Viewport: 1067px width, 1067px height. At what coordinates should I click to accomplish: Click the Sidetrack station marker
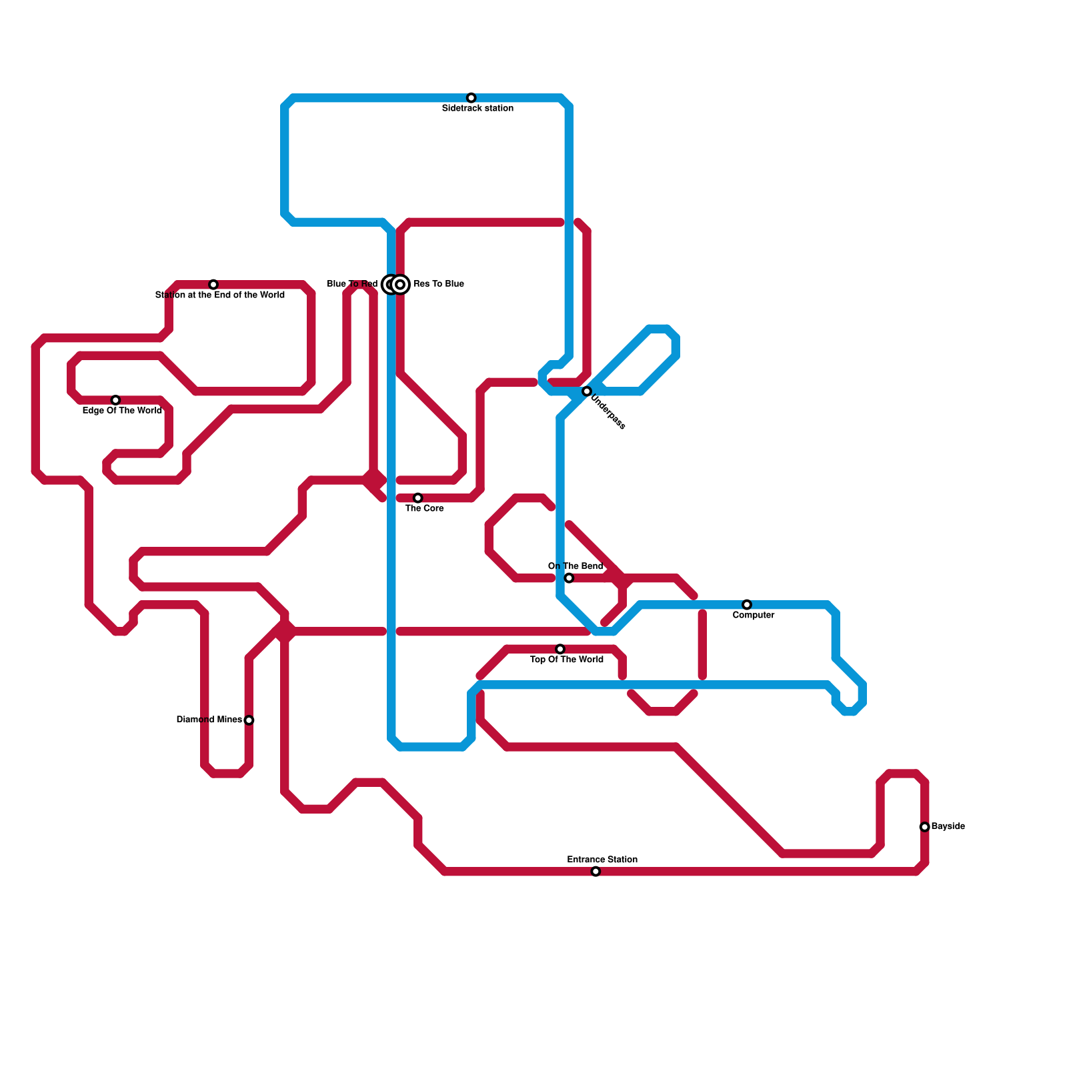[x=471, y=98]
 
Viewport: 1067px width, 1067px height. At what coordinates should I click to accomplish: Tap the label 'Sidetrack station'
[x=477, y=108]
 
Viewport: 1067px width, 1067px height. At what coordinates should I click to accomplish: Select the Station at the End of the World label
[x=220, y=295]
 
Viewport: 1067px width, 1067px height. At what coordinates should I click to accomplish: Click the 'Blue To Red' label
[x=352, y=284]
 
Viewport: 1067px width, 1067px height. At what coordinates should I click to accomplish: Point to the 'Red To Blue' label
[x=438, y=284]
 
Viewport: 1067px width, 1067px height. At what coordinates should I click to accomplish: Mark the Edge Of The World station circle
[x=115, y=400]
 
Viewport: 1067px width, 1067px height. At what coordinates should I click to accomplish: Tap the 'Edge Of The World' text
[x=122, y=410]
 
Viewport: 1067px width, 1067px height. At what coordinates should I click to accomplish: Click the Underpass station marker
[x=587, y=391]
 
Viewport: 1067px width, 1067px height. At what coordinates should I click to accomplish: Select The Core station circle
[x=417, y=498]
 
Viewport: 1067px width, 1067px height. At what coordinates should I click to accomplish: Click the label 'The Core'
[x=424, y=508]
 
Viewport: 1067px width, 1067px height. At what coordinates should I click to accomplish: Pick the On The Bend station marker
[x=569, y=578]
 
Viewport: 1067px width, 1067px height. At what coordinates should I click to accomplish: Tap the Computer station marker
[x=747, y=605]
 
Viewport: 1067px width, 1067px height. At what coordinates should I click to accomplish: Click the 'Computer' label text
[x=754, y=615]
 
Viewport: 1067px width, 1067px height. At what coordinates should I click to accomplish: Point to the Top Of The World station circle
[x=560, y=649]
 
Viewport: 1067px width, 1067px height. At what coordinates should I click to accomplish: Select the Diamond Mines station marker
[x=249, y=720]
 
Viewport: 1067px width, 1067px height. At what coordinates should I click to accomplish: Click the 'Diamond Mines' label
[x=209, y=720]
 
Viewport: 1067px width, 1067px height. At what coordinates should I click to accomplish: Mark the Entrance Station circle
[x=596, y=872]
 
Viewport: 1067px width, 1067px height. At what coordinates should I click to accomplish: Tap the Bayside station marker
[x=924, y=827]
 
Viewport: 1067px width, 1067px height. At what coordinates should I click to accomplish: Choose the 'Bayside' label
[x=948, y=826]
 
